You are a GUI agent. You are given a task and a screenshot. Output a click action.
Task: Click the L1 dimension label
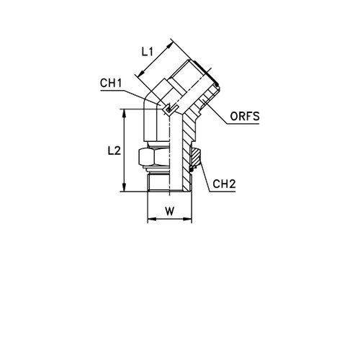tap(147, 52)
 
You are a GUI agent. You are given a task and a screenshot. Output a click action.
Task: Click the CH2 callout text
tap(225, 185)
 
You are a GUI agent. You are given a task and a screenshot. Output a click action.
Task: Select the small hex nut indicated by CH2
tap(194, 154)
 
